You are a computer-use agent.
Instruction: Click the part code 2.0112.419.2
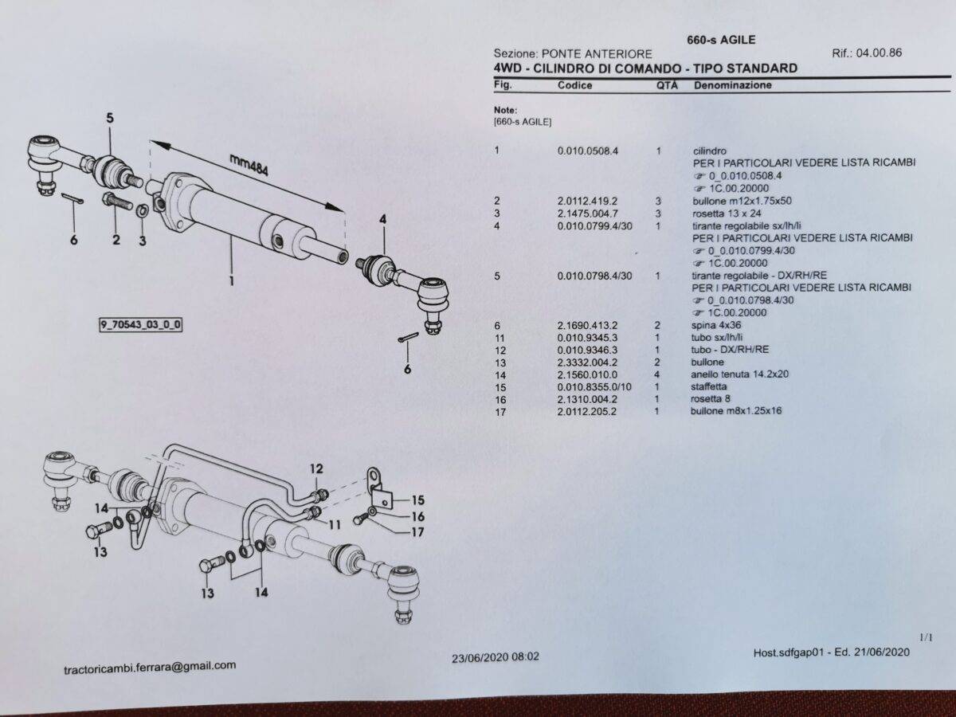click(587, 201)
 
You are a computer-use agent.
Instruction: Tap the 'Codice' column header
click(574, 85)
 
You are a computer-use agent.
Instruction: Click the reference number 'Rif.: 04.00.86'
click(866, 53)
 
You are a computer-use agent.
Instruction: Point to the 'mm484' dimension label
click(249, 166)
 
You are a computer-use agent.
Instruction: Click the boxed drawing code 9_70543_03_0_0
click(140, 325)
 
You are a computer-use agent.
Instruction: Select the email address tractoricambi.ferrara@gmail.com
click(150, 668)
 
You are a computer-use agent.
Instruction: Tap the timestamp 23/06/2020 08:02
click(496, 656)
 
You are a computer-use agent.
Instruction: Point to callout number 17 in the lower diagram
click(417, 531)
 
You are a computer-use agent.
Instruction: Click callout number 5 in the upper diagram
click(110, 118)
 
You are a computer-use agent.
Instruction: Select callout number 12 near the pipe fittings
click(316, 469)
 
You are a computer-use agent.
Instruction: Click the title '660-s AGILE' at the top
click(721, 40)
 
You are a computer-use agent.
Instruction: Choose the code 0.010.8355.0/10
click(594, 387)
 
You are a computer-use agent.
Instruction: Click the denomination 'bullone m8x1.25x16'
click(735, 411)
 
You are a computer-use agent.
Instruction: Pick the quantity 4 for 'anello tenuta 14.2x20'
click(656, 374)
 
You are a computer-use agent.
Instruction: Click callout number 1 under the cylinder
click(232, 281)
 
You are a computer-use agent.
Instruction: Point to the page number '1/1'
click(926, 638)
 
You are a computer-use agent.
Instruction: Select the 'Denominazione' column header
click(733, 85)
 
